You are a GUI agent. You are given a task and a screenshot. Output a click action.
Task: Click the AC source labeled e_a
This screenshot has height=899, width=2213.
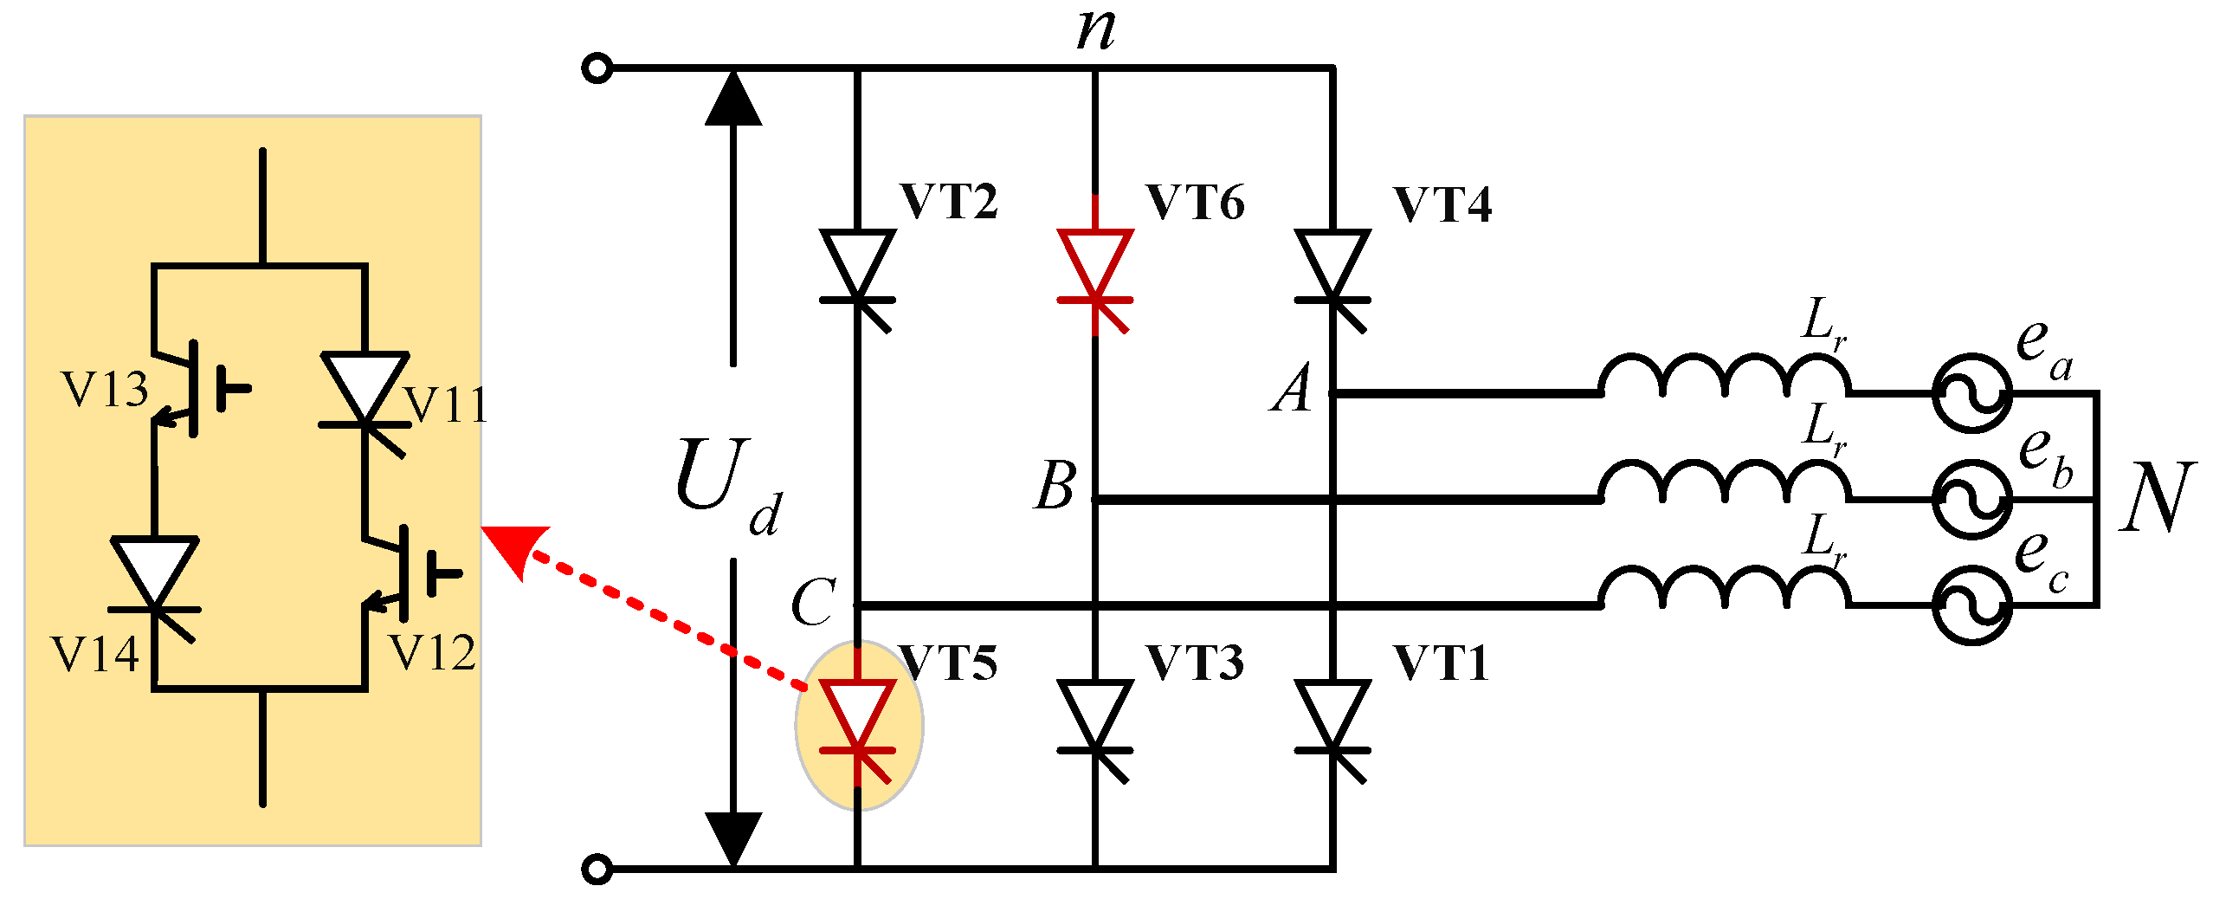[1972, 392]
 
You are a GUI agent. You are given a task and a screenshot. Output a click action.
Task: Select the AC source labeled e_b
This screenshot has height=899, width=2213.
[1972, 500]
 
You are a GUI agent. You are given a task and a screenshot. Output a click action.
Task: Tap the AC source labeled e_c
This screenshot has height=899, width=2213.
[1972, 605]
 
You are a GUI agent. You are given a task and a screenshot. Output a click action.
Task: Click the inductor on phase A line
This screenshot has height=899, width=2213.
[1725, 377]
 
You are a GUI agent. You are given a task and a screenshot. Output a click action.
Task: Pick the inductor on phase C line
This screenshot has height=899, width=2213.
[1725, 589]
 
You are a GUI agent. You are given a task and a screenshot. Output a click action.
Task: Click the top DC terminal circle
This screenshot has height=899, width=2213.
[597, 68]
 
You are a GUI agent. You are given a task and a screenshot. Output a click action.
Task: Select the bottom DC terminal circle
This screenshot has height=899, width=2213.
[597, 869]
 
